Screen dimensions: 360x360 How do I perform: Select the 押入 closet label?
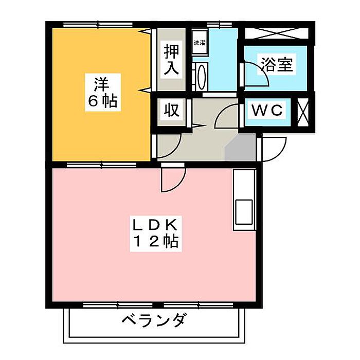point(171,60)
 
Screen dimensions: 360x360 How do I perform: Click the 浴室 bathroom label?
point(277,65)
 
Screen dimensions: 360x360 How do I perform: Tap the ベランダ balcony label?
point(154,321)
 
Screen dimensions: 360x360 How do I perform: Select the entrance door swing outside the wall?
point(274,149)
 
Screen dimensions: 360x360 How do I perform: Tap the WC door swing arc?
point(226,115)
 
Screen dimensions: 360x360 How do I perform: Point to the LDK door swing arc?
point(172,178)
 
